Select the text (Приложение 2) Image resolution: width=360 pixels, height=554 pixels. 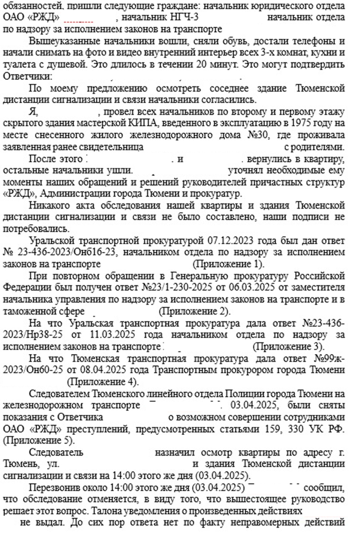click(x=194, y=311)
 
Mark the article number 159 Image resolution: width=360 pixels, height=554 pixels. click(x=254, y=429)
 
